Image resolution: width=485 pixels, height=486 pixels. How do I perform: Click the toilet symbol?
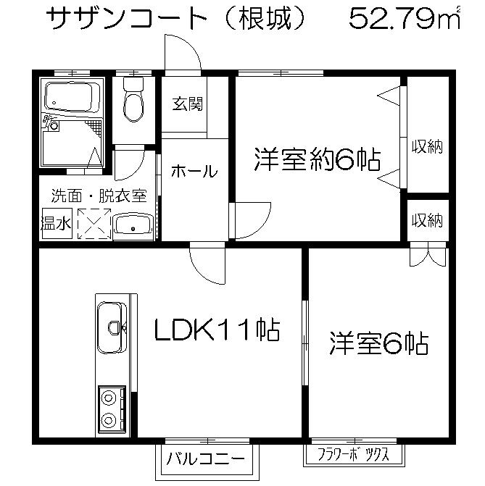(133, 99)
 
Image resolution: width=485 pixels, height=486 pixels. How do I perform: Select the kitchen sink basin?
(110, 327)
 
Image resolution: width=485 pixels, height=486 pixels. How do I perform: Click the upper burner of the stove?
(109, 398)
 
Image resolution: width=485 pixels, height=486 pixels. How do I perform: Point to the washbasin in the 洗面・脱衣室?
(133, 225)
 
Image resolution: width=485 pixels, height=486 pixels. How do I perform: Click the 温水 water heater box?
(57, 223)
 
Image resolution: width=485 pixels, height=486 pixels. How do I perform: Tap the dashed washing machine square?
(94, 224)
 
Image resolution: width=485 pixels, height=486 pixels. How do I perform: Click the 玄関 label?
(188, 104)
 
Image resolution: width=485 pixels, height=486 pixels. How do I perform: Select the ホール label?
(194, 171)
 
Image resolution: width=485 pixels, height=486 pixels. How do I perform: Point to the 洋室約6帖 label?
(317, 159)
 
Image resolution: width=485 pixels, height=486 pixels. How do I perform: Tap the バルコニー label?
(206, 458)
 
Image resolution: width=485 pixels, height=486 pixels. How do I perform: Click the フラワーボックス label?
(354, 454)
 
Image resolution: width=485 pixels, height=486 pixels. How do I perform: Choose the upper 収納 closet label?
(427, 146)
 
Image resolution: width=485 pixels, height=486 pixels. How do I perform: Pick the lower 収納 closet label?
(427, 220)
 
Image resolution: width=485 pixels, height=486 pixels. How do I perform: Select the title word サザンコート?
(126, 19)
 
